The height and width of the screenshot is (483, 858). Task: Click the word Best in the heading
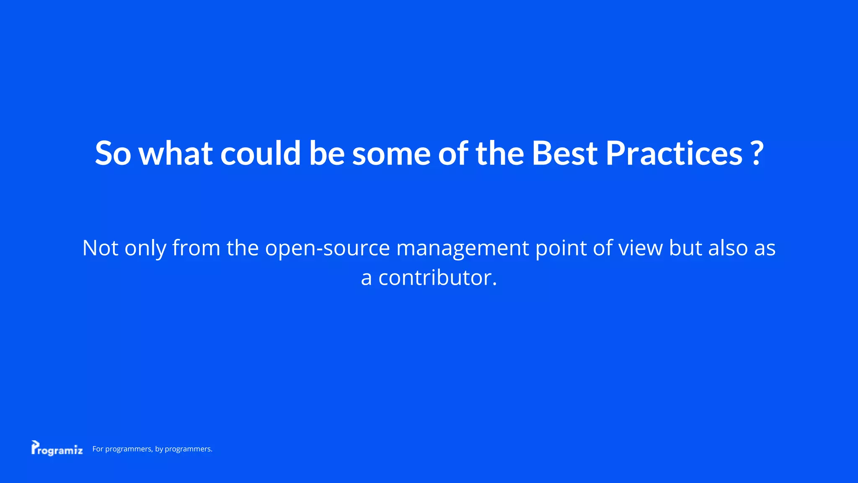tap(564, 153)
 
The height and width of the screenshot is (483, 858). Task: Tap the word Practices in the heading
tap(674, 153)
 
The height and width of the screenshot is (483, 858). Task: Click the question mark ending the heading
tap(757, 153)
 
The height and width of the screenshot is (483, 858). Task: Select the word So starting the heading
tap(113, 153)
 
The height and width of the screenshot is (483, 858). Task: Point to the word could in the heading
tap(260, 153)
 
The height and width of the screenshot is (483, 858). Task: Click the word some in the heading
tap(391, 153)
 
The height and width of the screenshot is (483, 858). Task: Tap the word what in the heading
tap(175, 153)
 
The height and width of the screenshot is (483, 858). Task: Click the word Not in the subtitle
tap(100, 248)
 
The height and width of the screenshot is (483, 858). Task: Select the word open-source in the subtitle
tap(327, 249)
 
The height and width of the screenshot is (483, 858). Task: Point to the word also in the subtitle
tap(728, 248)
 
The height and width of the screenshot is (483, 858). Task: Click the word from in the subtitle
tap(196, 248)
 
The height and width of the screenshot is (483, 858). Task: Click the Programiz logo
tap(57, 449)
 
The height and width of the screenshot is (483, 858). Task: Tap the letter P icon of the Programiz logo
tap(35, 447)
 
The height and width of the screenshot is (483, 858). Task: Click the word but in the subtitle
tap(685, 248)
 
